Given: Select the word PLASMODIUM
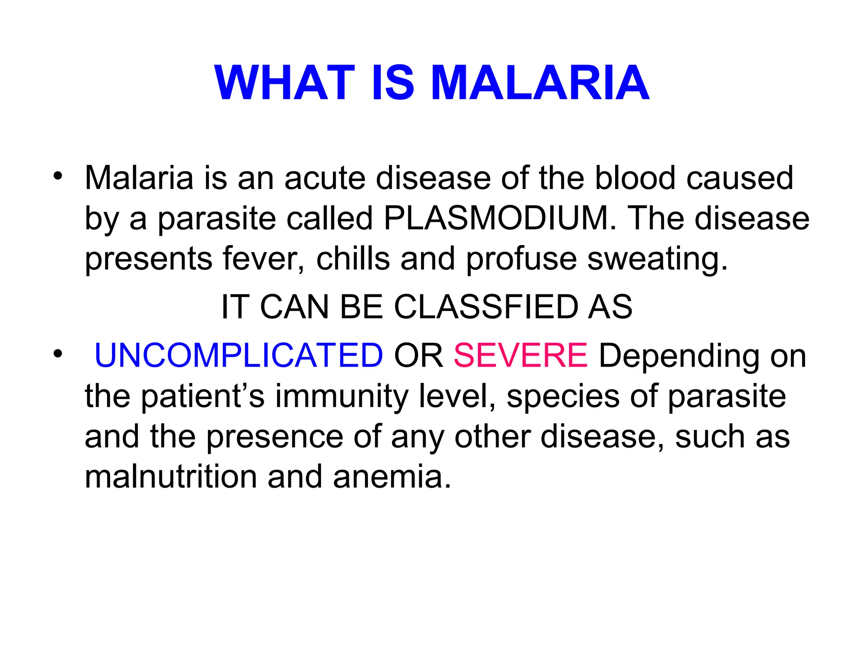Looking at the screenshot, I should [496, 219].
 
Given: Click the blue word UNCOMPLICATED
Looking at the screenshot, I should [238, 356].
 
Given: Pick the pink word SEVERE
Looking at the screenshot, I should [520, 356].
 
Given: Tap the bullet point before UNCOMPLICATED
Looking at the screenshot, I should [58, 354].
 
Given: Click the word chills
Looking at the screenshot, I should [353, 259].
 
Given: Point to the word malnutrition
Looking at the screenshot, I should [171, 477].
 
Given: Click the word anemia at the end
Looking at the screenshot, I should [392, 477].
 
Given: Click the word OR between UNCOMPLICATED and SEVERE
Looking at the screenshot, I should [418, 356].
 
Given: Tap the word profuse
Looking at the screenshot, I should [521, 259].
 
